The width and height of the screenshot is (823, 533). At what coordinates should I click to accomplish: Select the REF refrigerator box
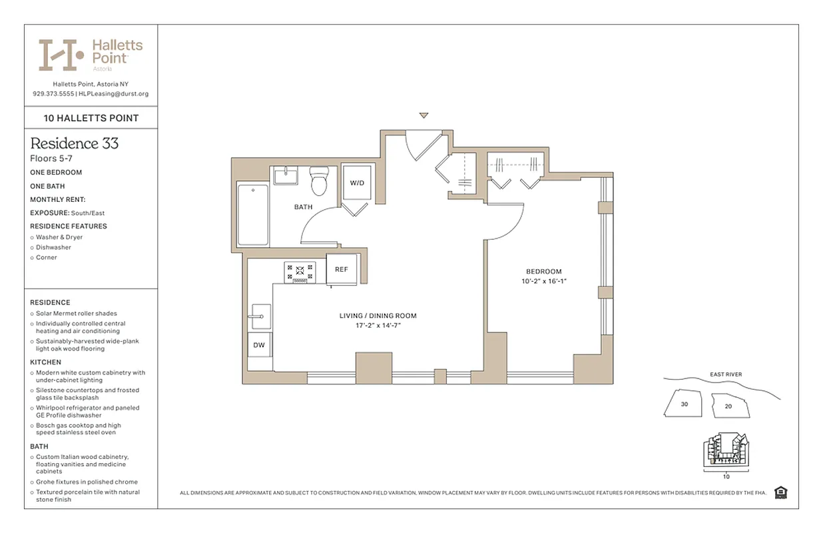coord(341,269)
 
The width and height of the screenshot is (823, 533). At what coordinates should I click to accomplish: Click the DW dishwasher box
coord(259,345)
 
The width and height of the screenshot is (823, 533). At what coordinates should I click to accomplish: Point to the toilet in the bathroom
coord(319,181)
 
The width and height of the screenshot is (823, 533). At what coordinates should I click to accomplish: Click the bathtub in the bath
coord(253,215)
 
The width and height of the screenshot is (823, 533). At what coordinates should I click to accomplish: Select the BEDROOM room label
coord(543,271)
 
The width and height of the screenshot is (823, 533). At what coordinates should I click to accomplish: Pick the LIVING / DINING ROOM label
coord(378,316)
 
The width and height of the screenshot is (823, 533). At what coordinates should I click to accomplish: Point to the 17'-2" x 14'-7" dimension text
coord(378,325)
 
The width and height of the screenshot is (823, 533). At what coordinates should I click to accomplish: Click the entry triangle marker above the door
coord(423,116)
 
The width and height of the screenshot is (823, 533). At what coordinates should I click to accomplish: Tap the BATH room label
coord(303,207)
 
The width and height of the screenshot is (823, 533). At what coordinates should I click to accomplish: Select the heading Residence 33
coord(75,143)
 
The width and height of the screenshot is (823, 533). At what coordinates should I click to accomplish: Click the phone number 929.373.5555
coord(53,94)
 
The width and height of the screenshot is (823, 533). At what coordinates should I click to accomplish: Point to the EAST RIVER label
coord(726,374)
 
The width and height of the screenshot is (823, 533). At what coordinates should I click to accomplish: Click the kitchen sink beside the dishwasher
coord(259,316)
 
